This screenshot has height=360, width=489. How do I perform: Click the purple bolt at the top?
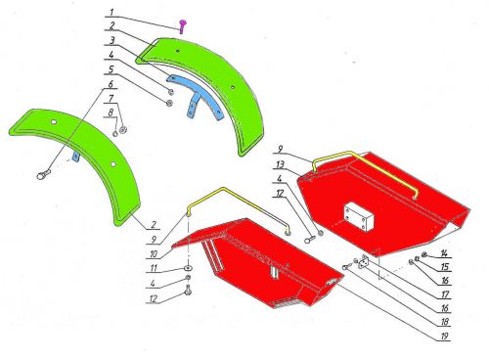(x=182, y=26)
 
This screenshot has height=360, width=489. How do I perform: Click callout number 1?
(x=111, y=13)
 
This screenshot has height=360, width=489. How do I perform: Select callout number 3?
(x=111, y=41)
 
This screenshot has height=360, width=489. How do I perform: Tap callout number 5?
(x=111, y=69)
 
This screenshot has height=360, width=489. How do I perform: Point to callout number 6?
(x=111, y=84)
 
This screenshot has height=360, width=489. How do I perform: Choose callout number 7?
(x=111, y=98)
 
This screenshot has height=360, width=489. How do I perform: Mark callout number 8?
(x=111, y=112)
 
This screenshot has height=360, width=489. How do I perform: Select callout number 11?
(x=154, y=268)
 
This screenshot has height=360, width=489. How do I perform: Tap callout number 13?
(x=280, y=165)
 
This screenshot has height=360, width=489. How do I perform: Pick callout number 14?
(x=444, y=253)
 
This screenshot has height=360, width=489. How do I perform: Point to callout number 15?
(x=445, y=267)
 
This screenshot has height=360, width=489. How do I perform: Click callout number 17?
(x=445, y=294)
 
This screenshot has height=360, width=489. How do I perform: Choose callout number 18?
(x=445, y=322)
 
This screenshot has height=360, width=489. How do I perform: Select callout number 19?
(x=445, y=336)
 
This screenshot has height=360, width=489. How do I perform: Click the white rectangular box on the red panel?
(x=359, y=216)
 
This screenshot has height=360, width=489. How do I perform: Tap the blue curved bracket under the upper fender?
(x=197, y=95)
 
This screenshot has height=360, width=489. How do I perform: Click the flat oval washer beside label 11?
(x=188, y=268)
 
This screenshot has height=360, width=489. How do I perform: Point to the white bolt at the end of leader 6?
(x=43, y=174)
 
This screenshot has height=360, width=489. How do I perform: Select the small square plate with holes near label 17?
(x=364, y=261)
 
